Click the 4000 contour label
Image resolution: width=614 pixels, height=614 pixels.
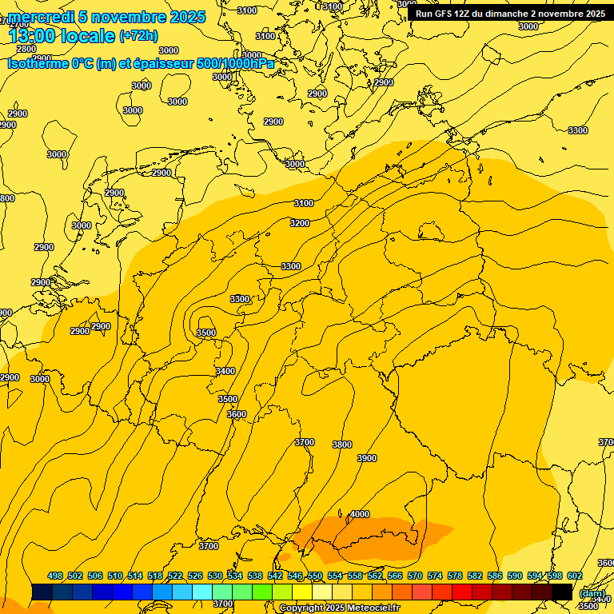pyautogui.click(x=360, y=514)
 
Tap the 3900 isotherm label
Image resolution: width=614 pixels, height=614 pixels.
pyautogui.click(x=367, y=458)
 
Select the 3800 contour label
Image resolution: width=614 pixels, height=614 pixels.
pyautogui.click(x=341, y=445)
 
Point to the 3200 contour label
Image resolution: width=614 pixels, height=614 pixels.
pyautogui.click(x=300, y=223)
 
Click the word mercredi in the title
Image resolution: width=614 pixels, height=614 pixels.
pyautogui.click(x=37, y=17)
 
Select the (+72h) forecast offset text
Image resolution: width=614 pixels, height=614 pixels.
pyautogui.click(x=138, y=36)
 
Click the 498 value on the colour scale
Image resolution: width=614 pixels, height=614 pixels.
pyautogui.click(x=55, y=576)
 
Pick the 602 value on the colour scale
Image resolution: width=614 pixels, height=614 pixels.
pyautogui.click(x=574, y=576)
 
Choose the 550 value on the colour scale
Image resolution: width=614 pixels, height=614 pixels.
pyautogui.click(x=315, y=576)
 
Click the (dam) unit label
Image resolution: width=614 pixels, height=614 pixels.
pyautogui.click(x=591, y=593)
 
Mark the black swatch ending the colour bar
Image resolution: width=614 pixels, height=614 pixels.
pyautogui.click(x=561, y=592)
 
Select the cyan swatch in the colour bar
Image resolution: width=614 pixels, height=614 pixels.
pyautogui.click(x=201, y=592)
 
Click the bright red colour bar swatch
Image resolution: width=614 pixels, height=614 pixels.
pyautogui.click(x=461, y=592)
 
